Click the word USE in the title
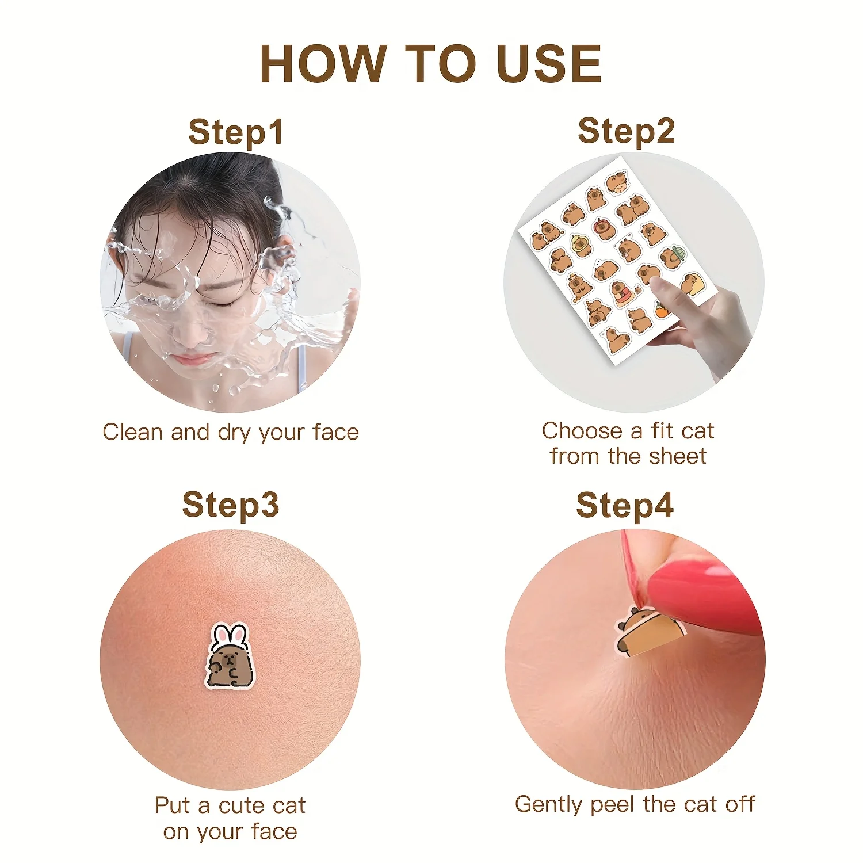pyautogui.click(x=548, y=63)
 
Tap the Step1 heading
pyautogui.click(x=236, y=132)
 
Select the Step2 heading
pyautogui.click(x=626, y=131)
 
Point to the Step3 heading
pyautogui.click(x=231, y=505)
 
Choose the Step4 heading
pyautogui.click(x=625, y=505)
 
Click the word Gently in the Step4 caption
pyautogui.click(x=549, y=804)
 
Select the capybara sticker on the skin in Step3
pyautogui.click(x=230, y=656)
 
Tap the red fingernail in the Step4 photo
pyautogui.click(x=699, y=593)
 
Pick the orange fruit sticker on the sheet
pyautogui.click(x=662, y=310)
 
